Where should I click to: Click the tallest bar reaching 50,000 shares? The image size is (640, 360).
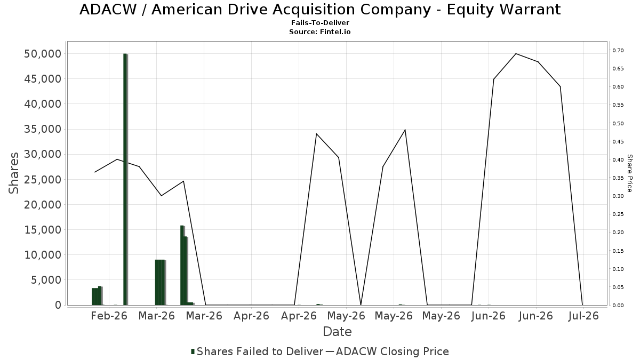click(x=125, y=179)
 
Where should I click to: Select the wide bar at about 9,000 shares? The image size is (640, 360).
click(x=161, y=282)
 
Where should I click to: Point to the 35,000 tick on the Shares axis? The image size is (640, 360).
click(x=43, y=129)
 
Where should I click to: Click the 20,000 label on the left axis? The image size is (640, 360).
click(x=43, y=205)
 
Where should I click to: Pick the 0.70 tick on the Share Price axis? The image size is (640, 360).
click(x=618, y=50)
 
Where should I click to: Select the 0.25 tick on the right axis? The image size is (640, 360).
click(x=618, y=214)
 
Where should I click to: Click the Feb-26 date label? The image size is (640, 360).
click(x=109, y=316)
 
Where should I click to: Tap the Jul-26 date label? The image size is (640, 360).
click(x=583, y=316)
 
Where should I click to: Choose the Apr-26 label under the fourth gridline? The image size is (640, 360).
click(x=251, y=316)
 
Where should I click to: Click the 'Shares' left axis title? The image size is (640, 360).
click(x=13, y=173)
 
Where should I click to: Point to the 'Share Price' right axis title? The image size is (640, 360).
click(x=629, y=173)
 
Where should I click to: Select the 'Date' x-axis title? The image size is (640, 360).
click(x=337, y=332)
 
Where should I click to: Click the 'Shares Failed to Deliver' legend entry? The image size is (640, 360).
click(x=257, y=351)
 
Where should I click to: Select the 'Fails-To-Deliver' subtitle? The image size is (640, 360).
click(x=320, y=22)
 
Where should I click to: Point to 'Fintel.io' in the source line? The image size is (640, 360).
click(x=335, y=31)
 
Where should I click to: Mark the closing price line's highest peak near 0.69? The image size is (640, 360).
click(x=516, y=54)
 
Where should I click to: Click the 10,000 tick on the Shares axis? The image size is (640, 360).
click(x=43, y=255)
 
